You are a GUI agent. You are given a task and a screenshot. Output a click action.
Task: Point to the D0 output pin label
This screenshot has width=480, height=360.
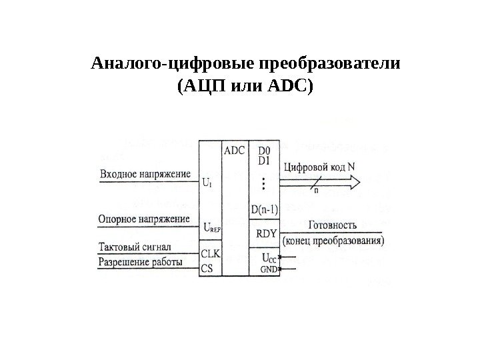[264, 151]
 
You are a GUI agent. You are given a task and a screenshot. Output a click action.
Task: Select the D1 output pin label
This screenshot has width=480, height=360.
[264, 161]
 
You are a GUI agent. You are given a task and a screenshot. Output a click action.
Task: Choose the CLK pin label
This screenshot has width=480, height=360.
[210, 254]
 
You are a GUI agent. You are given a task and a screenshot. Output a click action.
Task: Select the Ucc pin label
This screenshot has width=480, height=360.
[269, 257]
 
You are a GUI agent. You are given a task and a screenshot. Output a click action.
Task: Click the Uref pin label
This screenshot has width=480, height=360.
[211, 227]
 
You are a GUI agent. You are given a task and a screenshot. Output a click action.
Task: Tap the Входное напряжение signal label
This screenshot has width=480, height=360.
[145, 174]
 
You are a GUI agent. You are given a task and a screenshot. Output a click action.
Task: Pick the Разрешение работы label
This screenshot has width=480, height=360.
[141, 262]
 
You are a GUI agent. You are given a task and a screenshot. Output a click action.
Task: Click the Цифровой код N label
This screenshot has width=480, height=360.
[319, 167]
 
